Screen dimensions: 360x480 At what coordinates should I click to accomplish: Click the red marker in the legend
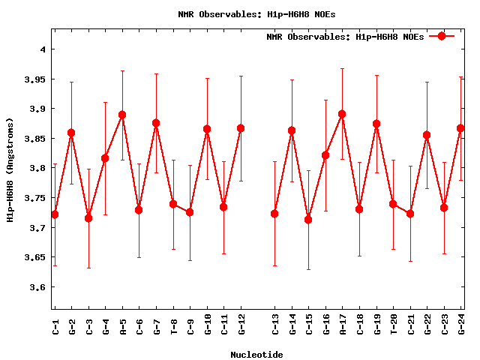tap(442, 36)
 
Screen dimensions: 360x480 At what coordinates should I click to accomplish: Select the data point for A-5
tap(122, 115)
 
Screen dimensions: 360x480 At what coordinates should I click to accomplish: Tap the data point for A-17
tap(342, 114)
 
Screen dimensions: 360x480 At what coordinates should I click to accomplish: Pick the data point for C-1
tap(55, 214)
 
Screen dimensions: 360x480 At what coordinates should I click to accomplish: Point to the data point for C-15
tap(308, 219)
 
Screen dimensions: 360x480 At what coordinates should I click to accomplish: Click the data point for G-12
tap(241, 128)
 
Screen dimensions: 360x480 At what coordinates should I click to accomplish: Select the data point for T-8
tap(173, 204)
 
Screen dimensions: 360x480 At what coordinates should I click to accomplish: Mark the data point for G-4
tap(105, 158)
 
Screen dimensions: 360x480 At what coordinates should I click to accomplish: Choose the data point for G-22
tap(427, 135)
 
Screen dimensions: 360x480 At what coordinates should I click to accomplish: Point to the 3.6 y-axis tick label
tap(37, 287)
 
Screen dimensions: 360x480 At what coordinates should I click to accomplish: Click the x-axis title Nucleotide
tap(256, 355)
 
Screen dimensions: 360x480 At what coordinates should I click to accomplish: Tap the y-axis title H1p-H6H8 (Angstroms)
tap(10, 169)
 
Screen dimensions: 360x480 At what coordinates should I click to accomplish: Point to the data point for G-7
tap(156, 123)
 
